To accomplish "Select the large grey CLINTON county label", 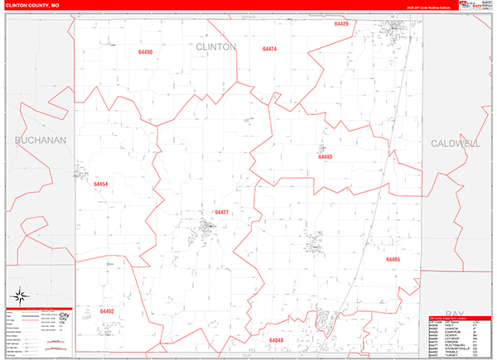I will pyautogui.click(x=216, y=47).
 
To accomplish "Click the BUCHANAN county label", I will pyautogui.click(x=40, y=141).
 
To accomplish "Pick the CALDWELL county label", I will pyautogui.click(x=455, y=143).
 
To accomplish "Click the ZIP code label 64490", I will pyautogui.click(x=146, y=52).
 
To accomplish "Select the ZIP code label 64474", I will pyautogui.click(x=269, y=50).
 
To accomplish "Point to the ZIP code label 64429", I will pyautogui.click(x=341, y=24).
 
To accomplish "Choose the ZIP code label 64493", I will pyautogui.click(x=325, y=156).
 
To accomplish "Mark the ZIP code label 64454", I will pyautogui.click(x=101, y=184).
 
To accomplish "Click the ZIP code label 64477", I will pyautogui.click(x=222, y=213).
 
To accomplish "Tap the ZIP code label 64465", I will pyautogui.click(x=393, y=259).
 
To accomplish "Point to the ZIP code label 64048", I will pyautogui.click(x=276, y=340).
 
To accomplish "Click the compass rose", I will pyautogui.click(x=20, y=296).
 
